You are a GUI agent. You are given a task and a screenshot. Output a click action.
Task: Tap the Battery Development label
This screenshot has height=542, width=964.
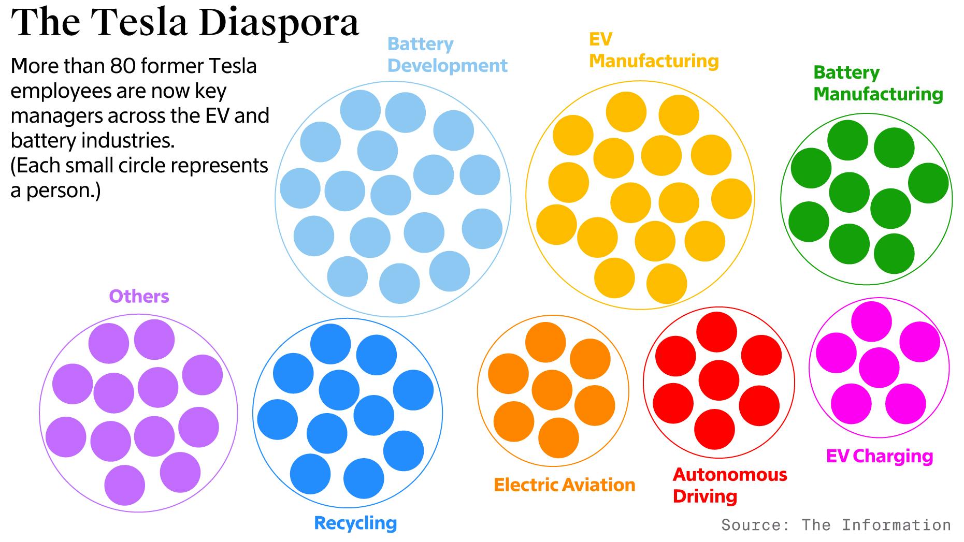tap(447, 55)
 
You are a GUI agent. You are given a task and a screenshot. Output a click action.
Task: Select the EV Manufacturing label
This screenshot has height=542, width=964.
tap(653, 50)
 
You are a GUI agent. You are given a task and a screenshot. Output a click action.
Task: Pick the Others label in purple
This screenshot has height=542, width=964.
tap(139, 297)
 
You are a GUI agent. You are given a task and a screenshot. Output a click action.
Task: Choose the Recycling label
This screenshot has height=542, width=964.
tap(355, 523)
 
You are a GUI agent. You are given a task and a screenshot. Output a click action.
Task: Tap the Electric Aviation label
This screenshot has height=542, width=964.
tap(564, 485)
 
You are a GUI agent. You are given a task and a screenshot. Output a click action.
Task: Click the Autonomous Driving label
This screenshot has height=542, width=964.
tap(729, 486)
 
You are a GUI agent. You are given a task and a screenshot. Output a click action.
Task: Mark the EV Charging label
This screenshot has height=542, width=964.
tap(879, 456)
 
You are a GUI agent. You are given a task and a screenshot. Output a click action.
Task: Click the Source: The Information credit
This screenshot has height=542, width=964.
tap(836, 525)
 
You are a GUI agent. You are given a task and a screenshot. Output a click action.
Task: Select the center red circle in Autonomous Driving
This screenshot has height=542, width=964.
tap(718, 380)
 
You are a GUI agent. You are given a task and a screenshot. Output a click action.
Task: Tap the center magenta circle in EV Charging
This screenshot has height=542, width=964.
tap(879, 368)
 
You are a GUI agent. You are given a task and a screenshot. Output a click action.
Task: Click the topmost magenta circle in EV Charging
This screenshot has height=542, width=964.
tap(871, 321)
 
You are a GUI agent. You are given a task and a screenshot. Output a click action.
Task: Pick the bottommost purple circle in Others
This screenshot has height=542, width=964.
tap(124, 485)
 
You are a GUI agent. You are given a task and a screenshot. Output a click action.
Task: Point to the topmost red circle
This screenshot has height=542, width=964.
tap(716, 332)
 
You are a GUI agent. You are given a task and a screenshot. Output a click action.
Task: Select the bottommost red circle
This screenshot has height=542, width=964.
tap(714, 429)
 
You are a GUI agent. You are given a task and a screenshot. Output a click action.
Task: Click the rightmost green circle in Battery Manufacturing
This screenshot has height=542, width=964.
tap(928, 183)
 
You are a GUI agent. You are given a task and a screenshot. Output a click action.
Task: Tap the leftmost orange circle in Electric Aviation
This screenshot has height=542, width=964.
tap(508, 374)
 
